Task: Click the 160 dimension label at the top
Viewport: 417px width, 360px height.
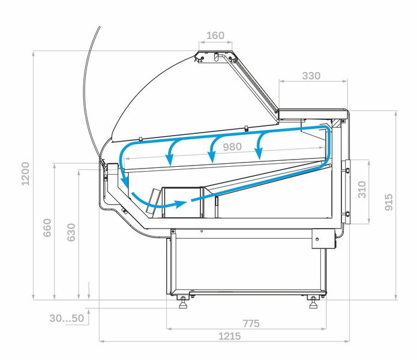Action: [x=215, y=35]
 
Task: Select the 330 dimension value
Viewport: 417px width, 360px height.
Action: [x=311, y=76]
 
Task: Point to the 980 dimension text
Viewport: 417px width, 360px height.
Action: [x=232, y=147]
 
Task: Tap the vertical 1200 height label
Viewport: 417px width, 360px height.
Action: [x=25, y=173]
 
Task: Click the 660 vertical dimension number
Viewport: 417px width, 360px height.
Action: [x=47, y=227]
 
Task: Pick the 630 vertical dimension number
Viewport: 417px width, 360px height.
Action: [x=71, y=232]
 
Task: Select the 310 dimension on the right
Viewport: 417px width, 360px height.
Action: [x=362, y=190]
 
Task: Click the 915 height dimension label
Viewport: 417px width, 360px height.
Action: [x=389, y=202]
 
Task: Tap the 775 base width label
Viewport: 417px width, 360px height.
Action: [x=251, y=323]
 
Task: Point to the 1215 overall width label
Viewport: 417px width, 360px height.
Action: [x=230, y=337]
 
